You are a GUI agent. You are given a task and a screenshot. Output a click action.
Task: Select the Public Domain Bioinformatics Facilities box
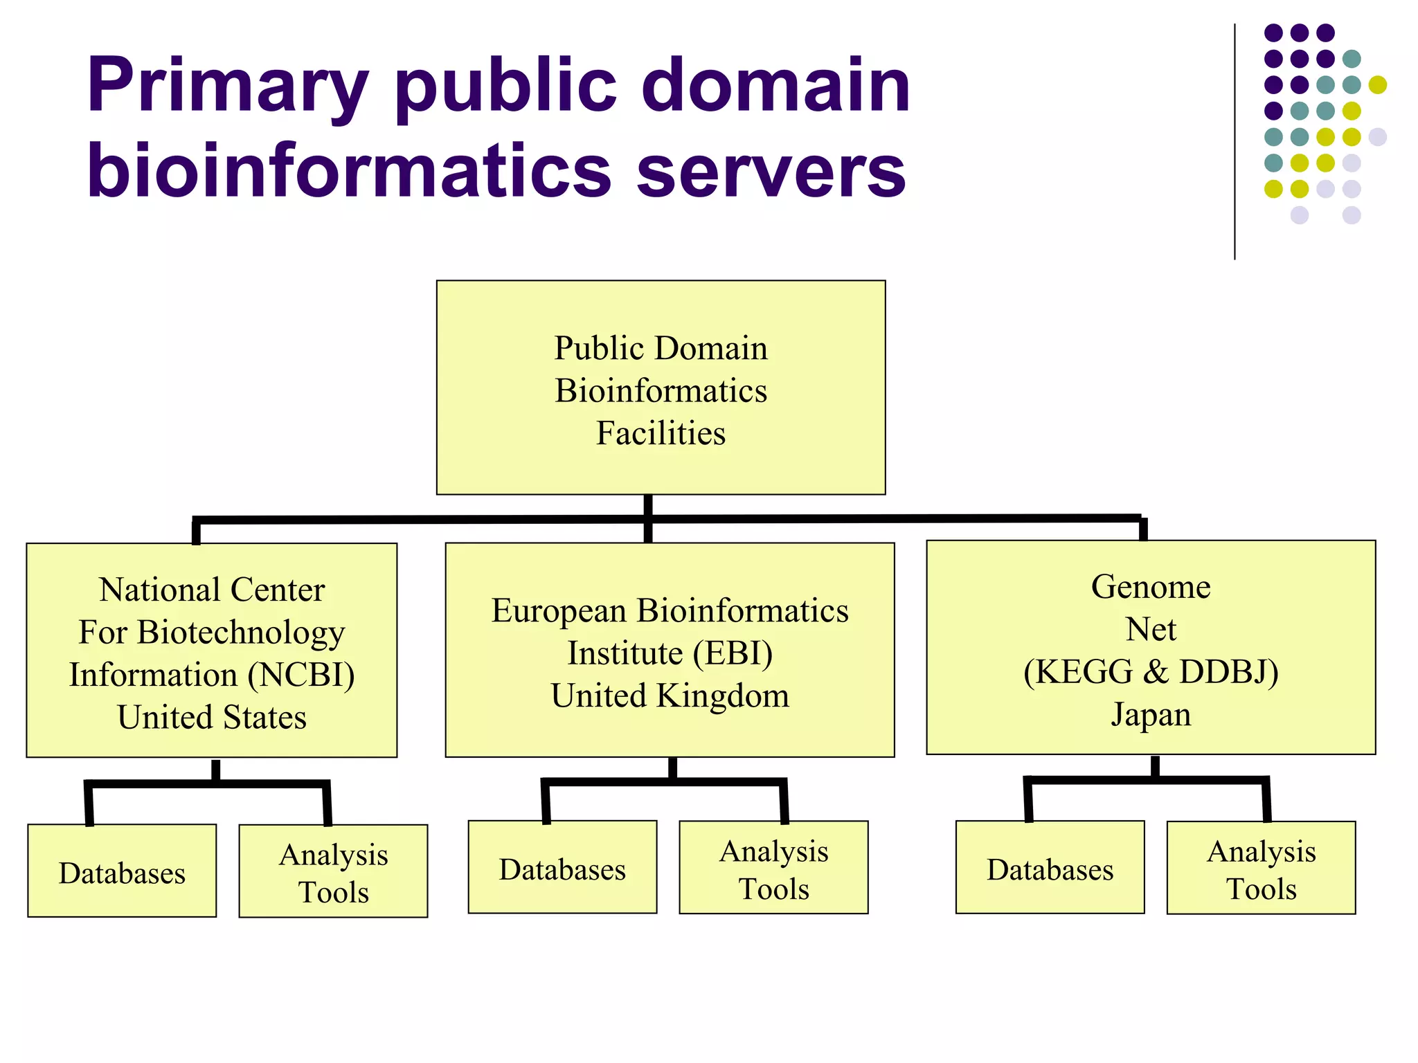tap(661, 388)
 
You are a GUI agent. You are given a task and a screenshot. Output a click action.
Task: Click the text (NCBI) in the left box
tap(301, 675)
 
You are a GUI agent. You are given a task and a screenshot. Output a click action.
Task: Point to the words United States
tap(212, 718)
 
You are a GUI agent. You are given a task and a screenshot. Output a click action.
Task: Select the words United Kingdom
tap(670, 696)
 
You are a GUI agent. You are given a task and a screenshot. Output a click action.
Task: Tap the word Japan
tap(1151, 715)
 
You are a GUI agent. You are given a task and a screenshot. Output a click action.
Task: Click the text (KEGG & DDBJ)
tap(1151, 672)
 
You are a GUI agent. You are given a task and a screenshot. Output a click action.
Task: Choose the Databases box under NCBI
tap(122, 871)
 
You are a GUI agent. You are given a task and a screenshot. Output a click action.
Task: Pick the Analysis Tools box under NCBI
tap(333, 872)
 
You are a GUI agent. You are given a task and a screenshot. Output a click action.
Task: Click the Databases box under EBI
tap(562, 868)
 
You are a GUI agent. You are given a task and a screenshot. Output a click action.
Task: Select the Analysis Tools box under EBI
tap(773, 869)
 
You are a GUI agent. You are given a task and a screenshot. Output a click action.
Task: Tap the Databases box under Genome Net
tap(1050, 868)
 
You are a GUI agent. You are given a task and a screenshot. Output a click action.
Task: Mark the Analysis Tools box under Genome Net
tap(1261, 869)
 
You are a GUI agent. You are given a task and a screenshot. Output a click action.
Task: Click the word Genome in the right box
tap(1151, 587)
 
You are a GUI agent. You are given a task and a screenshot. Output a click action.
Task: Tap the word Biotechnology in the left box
tap(241, 633)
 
